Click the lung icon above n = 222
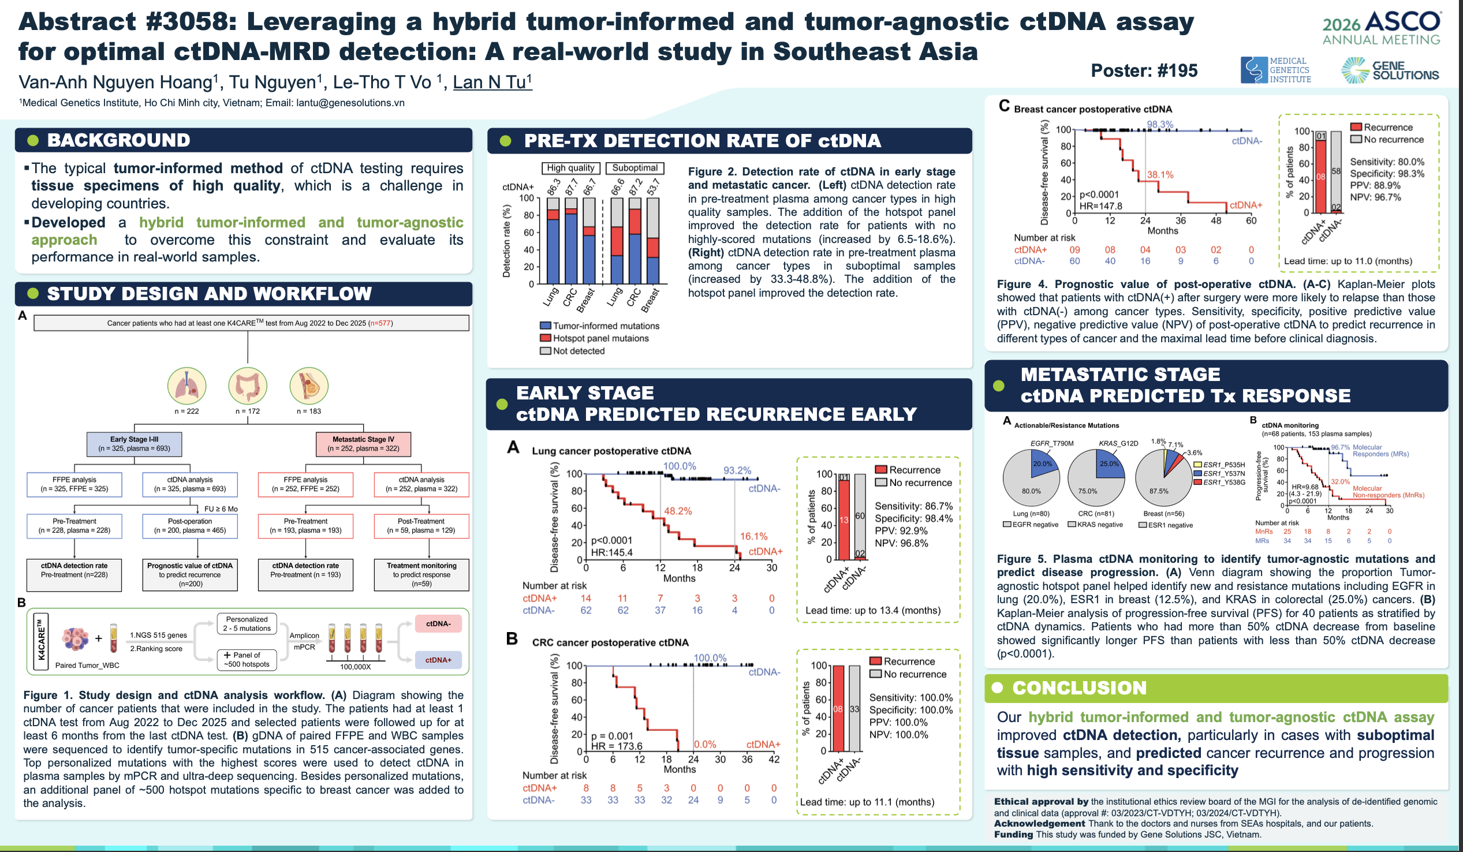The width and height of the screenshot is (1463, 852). click(x=186, y=386)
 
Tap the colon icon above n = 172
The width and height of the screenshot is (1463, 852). click(x=248, y=386)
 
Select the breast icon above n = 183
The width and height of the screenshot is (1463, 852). click(x=309, y=386)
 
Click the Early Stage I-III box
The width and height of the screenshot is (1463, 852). click(x=134, y=444)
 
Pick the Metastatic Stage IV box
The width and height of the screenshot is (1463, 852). click(x=363, y=444)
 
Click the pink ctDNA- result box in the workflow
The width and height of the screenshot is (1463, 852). click(x=438, y=624)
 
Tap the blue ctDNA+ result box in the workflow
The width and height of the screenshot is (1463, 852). click(x=438, y=660)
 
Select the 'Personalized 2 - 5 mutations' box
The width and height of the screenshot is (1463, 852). click(x=247, y=624)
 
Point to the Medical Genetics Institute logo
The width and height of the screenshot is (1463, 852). click(x=1275, y=70)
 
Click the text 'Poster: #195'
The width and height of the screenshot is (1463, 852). click(x=1144, y=71)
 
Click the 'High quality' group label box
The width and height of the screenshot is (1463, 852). click(x=570, y=168)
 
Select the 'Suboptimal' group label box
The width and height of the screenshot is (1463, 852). click(x=635, y=168)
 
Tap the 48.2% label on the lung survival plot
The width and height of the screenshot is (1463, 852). click(x=678, y=511)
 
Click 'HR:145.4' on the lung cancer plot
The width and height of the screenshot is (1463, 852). click(x=612, y=552)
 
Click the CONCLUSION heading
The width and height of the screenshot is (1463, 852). click(x=1079, y=687)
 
